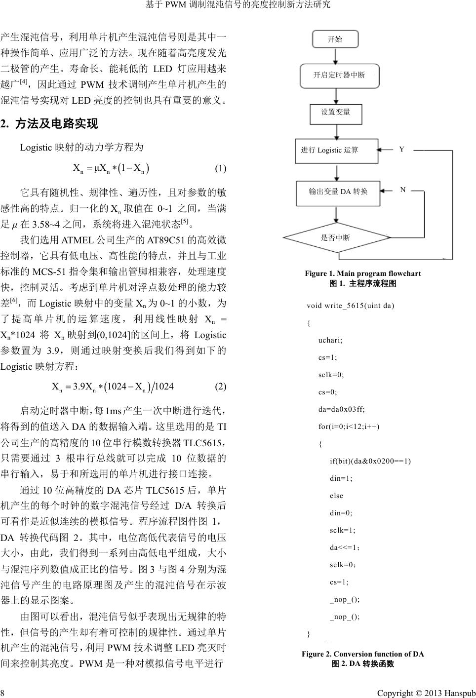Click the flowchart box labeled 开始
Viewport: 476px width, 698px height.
[335, 39]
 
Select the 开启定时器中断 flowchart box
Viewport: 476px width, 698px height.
[339, 75]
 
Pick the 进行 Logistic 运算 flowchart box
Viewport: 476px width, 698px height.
[337, 150]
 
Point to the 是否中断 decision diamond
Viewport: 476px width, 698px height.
[336, 238]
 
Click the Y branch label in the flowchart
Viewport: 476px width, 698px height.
[402, 149]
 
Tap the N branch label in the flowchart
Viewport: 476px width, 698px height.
[403, 190]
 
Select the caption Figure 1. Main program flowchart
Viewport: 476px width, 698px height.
[363, 273]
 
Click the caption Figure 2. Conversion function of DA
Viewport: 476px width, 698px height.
[363, 654]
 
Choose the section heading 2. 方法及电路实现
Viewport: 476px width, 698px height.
[49, 124]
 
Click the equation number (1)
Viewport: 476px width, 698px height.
[220, 169]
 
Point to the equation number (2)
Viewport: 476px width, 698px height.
[220, 387]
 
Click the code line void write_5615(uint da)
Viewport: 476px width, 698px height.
[350, 306]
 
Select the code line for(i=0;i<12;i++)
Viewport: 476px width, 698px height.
[349, 427]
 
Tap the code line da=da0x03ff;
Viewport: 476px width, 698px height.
[342, 409]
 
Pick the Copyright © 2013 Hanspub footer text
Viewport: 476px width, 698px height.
[426, 693]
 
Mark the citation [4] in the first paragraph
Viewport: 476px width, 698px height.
[23, 81]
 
